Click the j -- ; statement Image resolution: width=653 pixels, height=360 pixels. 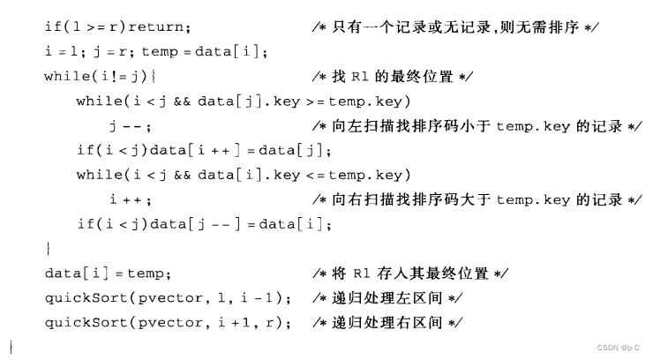(124, 126)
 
